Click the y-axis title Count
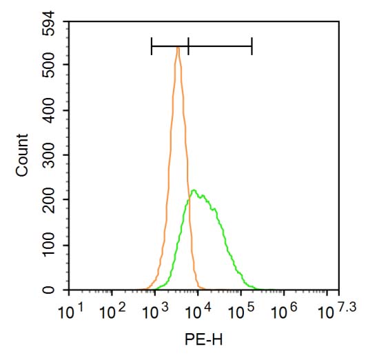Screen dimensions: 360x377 [23, 155]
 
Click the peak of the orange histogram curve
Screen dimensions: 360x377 [178, 48]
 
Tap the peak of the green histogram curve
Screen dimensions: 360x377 [194, 190]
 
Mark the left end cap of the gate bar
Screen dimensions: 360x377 [152, 46]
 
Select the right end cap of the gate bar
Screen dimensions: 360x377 [252, 46]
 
